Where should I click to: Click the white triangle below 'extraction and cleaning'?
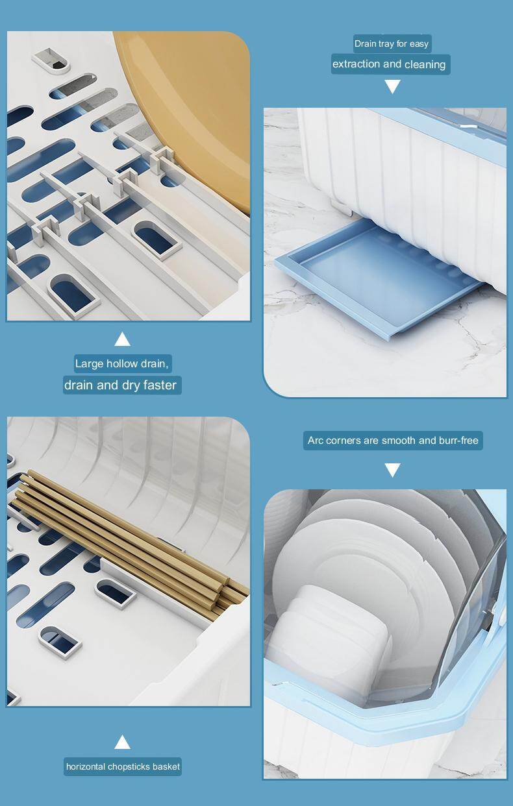(x=392, y=87)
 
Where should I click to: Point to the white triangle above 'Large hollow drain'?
(x=122, y=339)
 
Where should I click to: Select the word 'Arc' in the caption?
(x=316, y=441)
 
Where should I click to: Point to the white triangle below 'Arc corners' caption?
(x=392, y=470)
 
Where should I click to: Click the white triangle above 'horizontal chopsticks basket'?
(x=122, y=742)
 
